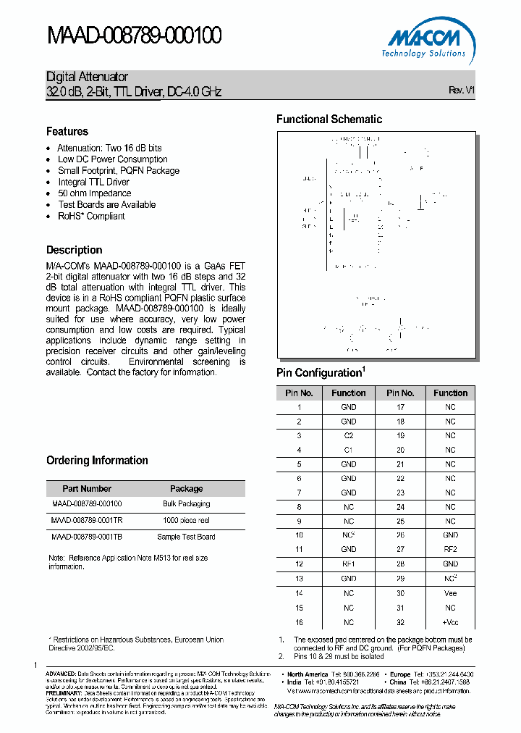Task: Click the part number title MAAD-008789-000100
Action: point(134,35)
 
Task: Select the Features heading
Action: point(67,131)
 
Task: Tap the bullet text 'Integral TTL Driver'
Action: point(93,182)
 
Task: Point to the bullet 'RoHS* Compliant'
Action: point(91,216)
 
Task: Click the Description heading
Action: point(74,250)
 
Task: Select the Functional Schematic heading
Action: point(329,120)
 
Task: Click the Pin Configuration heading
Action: point(321,373)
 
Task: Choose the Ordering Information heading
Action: point(97,461)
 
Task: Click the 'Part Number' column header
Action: point(87,489)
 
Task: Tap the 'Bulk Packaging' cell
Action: point(186,503)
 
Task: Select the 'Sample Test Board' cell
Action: point(186,537)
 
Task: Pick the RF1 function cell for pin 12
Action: point(349,564)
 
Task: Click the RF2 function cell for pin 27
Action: point(450,550)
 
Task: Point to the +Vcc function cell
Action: point(450,622)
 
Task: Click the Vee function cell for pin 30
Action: point(450,593)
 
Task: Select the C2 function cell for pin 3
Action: point(349,435)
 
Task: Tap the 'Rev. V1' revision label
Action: point(462,91)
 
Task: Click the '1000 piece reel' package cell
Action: point(186,520)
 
